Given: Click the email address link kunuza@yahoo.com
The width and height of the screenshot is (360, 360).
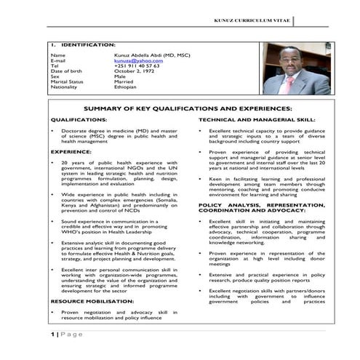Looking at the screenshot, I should [x=135, y=60].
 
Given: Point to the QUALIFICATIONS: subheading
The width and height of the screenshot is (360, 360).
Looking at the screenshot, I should [x=79, y=119].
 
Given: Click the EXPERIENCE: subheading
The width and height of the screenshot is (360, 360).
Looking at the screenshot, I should [x=71, y=151].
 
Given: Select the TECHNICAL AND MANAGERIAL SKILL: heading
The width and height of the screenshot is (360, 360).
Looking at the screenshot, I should [x=257, y=119].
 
